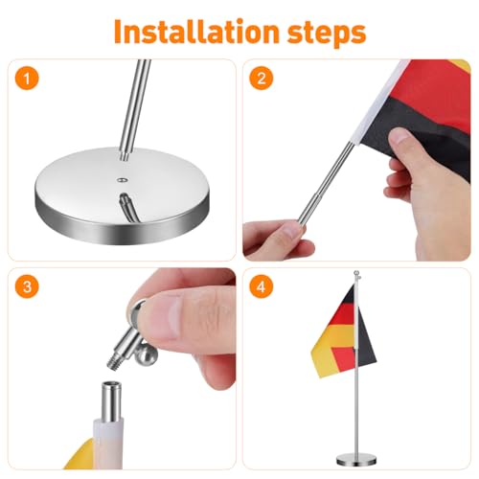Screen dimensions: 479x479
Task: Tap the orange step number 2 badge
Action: tap(260, 79)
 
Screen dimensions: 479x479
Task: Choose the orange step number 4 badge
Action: tap(260, 286)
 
